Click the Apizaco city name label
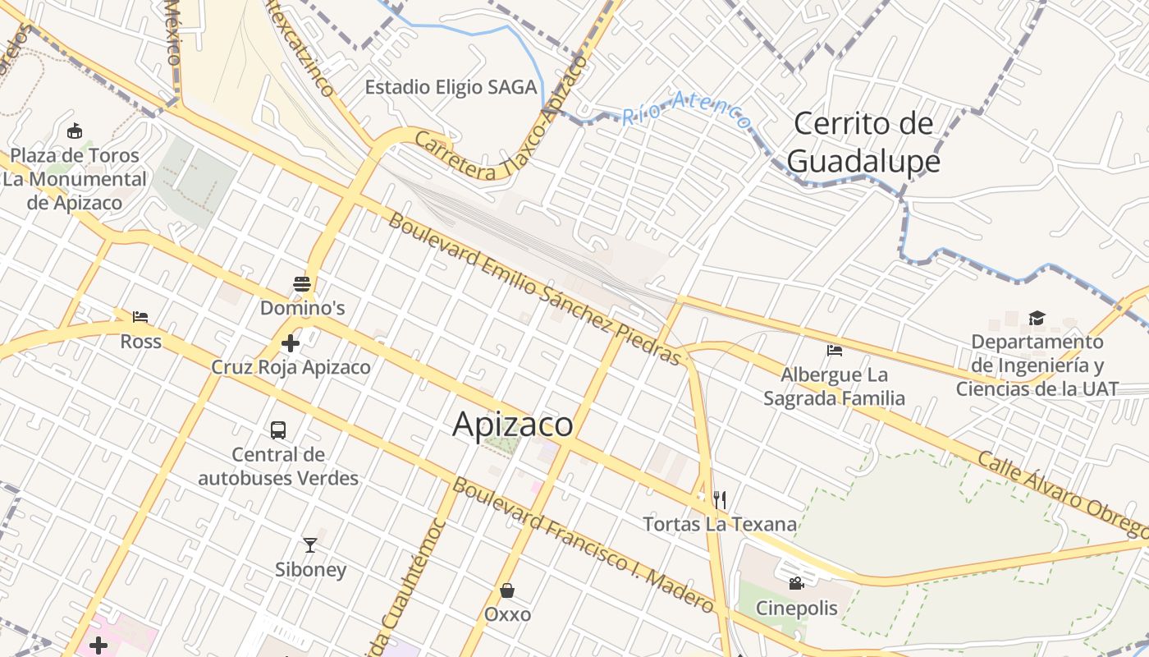[512, 424]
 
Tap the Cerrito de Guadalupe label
[863, 142]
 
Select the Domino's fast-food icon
[302, 285]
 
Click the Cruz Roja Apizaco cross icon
[291, 343]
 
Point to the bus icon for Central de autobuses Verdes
[278, 430]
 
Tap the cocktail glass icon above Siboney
[309, 544]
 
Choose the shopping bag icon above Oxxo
[507, 590]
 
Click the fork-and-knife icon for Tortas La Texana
[720, 499]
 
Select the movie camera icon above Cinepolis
[796, 584]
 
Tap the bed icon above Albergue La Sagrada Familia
[835, 351]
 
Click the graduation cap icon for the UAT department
[1037, 318]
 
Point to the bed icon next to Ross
[140, 317]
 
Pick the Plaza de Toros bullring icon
[75, 131]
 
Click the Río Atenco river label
[686, 112]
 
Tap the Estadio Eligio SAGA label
[451, 87]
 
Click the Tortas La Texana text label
[720, 524]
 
